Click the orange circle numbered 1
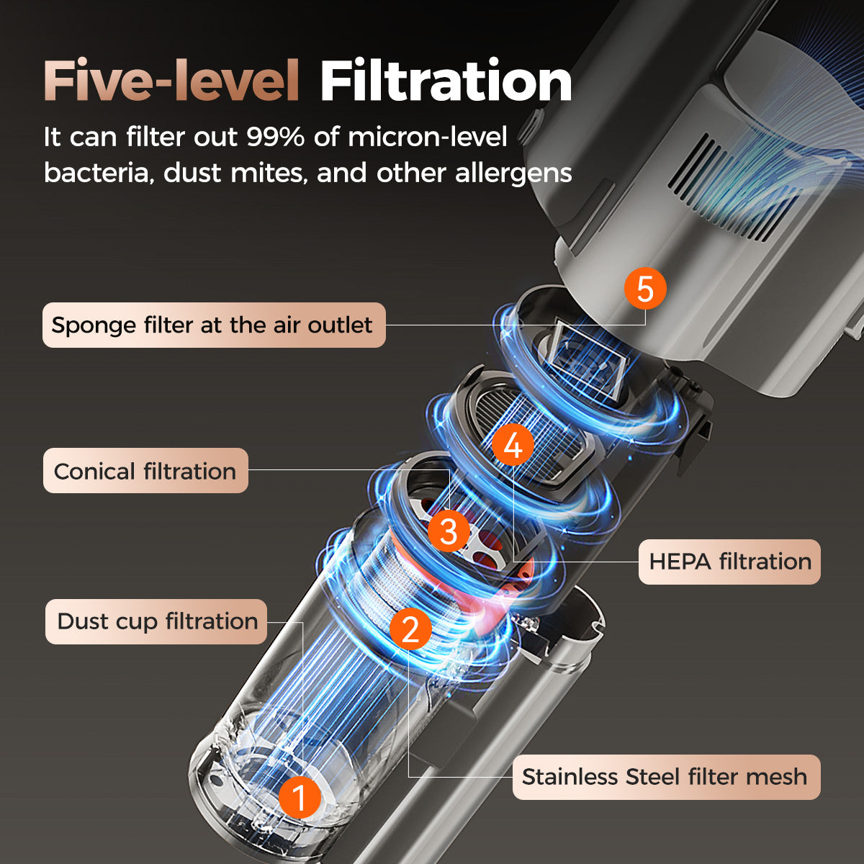click(x=300, y=797)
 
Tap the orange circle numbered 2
click(x=410, y=629)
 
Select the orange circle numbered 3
click(x=448, y=531)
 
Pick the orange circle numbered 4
click(x=513, y=446)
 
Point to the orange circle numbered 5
click(x=644, y=289)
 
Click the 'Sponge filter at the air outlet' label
click(x=214, y=325)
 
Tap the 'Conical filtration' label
click(x=145, y=472)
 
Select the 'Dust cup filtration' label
click(x=157, y=621)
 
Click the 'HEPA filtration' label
click(x=729, y=562)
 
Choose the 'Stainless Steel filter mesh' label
click(x=665, y=777)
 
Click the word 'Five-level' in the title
click(x=171, y=81)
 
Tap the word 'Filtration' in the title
click(x=446, y=81)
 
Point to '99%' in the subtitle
click(x=275, y=137)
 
